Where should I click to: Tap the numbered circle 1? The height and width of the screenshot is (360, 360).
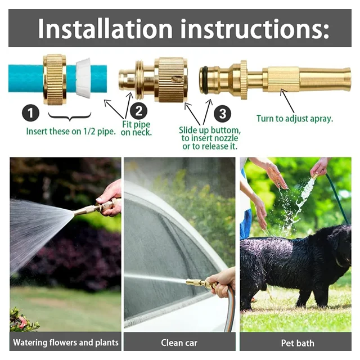point(30,114)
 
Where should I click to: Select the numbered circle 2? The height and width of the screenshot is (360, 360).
point(139,111)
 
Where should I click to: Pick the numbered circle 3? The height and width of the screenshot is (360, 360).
point(223,114)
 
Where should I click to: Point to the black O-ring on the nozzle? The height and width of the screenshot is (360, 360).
point(205,80)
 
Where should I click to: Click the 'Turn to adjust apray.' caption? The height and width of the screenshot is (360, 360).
point(294,119)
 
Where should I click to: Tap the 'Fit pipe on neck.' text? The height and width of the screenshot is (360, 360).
point(137,128)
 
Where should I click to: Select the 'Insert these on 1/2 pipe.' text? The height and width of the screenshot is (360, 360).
point(70,132)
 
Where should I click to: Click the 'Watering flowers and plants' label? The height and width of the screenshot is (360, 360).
point(66,342)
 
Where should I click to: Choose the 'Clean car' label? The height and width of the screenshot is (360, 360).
point(179,342)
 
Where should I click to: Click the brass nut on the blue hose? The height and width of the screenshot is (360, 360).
point(55,79)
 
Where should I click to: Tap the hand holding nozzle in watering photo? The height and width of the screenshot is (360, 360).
point(111,197)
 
